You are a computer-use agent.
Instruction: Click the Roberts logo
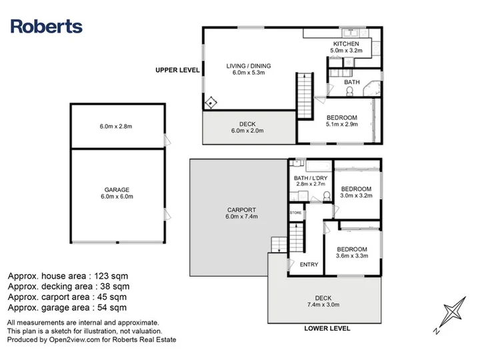tap(47, 26)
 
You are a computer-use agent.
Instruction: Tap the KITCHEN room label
tap(346, 44)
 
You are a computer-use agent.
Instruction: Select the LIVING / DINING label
tap(249, 66)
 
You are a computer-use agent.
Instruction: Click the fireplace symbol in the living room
tap(211, 103)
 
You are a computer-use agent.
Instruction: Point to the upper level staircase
tap(305, 95)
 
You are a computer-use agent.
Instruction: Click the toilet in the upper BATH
tap(349, 91)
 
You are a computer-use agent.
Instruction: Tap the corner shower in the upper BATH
tap(371, 89)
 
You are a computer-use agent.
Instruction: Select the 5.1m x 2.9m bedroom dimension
tap(342, 124)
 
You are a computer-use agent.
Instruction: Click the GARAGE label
tap(117, 190)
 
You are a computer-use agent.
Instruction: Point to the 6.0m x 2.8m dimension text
tap(116, 127)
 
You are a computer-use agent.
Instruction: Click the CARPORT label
tap(241, 210)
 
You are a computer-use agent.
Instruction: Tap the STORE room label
tap(296, 213)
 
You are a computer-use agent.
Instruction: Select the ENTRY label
tap(309, 265)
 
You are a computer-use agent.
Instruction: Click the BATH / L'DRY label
tap(311, 178)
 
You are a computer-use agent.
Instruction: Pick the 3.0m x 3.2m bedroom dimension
tap(356, 195)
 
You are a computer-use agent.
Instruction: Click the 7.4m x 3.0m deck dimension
tap(323, 305)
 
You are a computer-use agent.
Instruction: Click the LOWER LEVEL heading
tap(327, 329)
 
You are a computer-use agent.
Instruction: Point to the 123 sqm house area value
tap(111, 276)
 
